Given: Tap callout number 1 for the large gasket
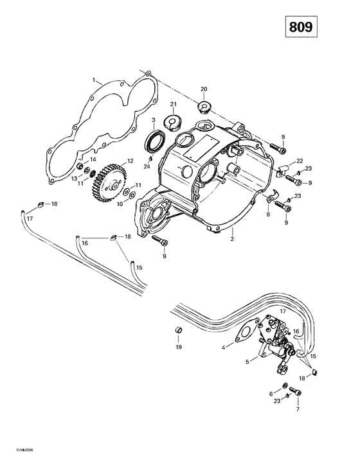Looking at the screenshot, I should click(x=94, y=80).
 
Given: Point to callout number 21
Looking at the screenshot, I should click(x=173, y=104).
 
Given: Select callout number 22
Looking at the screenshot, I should click(x=300, y=161).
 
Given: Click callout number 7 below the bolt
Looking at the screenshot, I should click(x=297, y=409).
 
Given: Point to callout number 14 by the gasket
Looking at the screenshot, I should click(x=93, y=159).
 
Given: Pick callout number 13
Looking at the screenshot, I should click(x=75, y=178).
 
